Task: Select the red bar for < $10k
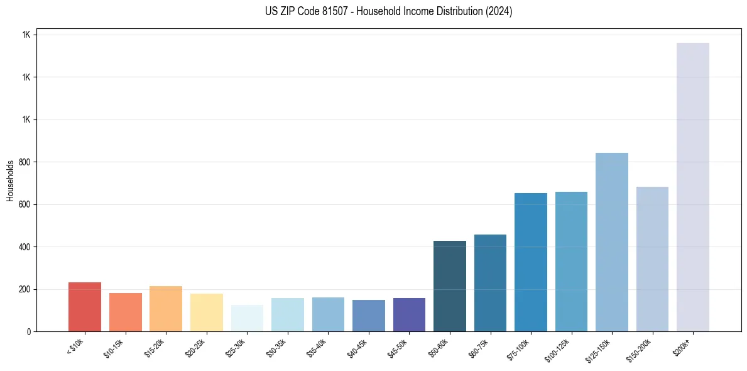(85, 307)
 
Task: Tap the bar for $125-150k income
(612, 242)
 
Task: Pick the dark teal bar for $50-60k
(450, 286)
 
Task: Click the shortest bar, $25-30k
(247, 318)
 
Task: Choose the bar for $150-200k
(652, 259)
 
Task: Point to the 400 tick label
(24, 247)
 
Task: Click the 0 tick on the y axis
(29, 332)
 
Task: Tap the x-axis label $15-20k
(155, 348)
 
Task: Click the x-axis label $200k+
(683, 346)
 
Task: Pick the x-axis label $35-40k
(317, 348)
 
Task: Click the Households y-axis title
(10, 180)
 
